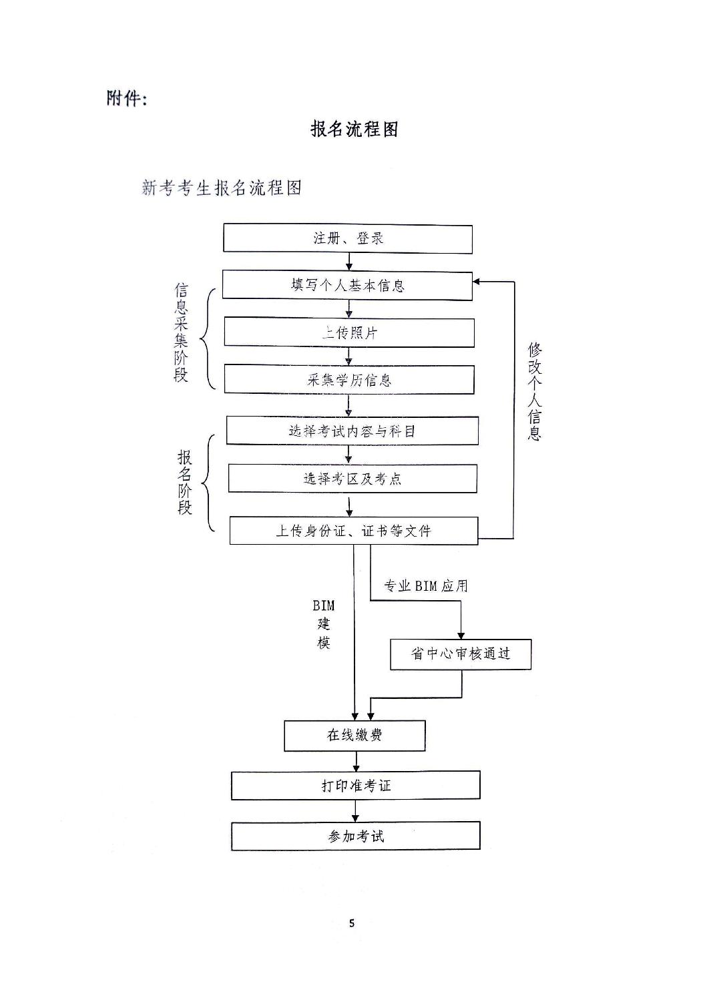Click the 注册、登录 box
click(348, 238)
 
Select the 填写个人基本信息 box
click(347, 285)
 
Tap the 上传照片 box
click(349, 332)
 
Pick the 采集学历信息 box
click(349, 380)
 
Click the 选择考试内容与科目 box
click(352, 431)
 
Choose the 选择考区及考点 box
click(352, 478)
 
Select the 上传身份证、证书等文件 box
click(354, 531)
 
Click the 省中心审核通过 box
click(461, 654)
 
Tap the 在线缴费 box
click(355, 735)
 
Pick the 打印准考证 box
click(356, 785)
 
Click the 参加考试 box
click(356, 835)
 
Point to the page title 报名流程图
click(355, 129)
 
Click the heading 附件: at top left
click(126, 98)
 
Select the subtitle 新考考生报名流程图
click(222, 188)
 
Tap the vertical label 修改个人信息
click(535, 391)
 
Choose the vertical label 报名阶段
click(185, 482)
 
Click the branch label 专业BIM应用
click(425, 586)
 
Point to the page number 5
click(352, 923)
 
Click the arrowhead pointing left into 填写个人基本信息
click(477, 282)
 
